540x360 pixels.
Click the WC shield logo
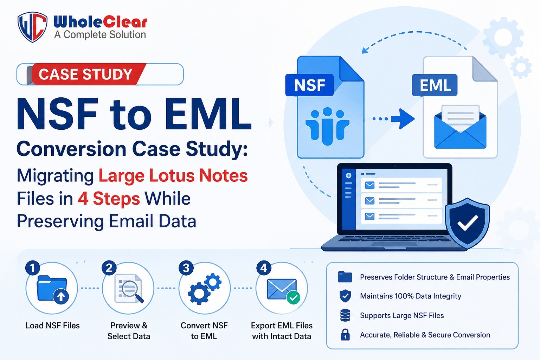pos(32,27)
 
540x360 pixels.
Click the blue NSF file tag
pos(309,85)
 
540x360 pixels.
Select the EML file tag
pos(435,85)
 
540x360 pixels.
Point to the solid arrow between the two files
pos(403,118)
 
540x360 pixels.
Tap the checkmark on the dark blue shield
pos(468,222)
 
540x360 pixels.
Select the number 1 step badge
pos(33,268)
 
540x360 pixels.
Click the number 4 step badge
pos(264,268)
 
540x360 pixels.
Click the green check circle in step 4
pos(294,298)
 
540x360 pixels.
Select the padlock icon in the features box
pos(345,334)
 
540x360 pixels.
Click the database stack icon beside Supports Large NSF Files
pos(345,315)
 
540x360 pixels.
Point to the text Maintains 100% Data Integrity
pos(410,296)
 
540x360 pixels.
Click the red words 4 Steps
pos(109,199)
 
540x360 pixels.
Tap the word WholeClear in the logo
pos(100,22)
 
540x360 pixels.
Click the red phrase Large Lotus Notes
pos(173,175)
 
